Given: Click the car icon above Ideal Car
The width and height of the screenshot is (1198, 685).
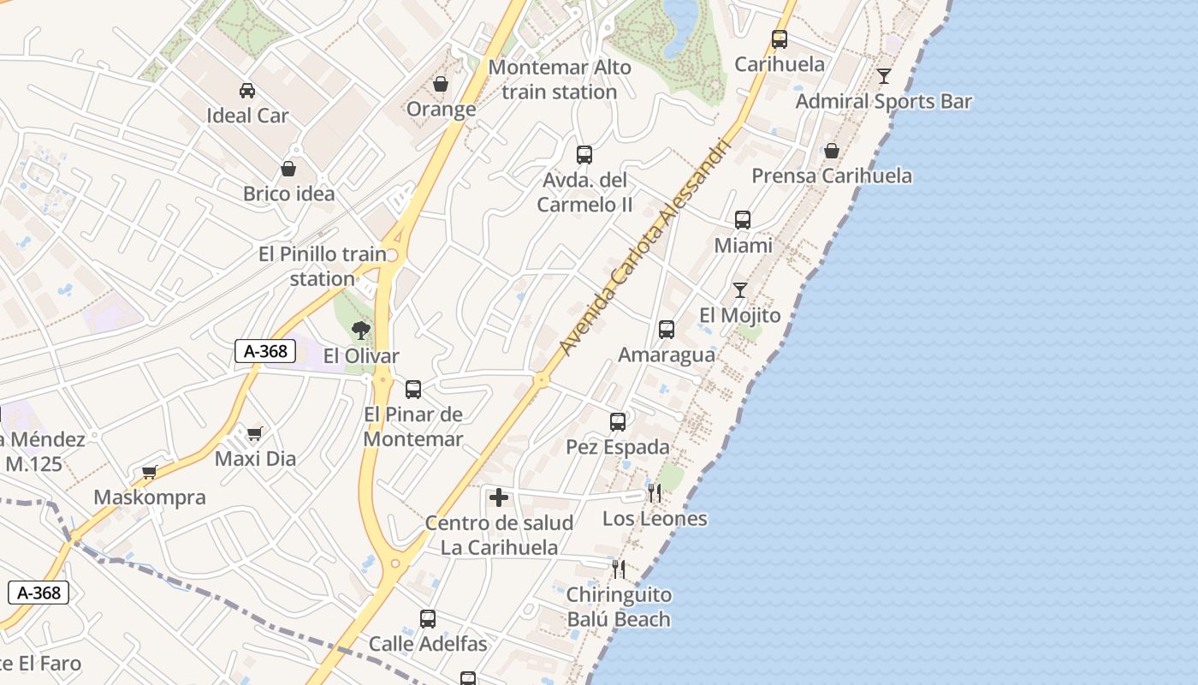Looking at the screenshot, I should (x=246, y=90).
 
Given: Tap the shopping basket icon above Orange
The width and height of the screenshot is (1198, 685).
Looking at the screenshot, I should (x=441, y=84).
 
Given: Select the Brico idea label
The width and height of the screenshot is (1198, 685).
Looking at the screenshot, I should (x=289, y=194).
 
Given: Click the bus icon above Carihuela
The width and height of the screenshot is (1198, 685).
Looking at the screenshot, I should (x=780, y=39).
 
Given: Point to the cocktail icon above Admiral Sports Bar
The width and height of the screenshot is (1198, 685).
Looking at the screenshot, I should (x=884, y=76).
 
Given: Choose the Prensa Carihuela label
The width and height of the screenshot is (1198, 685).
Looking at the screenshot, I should (x=831, y=176).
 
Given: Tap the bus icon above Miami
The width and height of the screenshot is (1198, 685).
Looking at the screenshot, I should (x=743, y=220).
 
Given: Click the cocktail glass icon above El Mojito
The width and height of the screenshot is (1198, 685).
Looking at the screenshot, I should (x=740, y=290).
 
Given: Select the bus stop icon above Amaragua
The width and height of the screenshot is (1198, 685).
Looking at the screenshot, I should (x=667, y=330).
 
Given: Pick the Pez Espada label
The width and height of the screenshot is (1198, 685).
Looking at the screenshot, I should (x=618, y=447).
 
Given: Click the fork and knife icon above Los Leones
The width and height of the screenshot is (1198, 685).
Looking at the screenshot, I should (x=655, y=492).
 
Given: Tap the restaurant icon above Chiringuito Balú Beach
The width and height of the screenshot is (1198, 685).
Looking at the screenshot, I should (x=618, y=569).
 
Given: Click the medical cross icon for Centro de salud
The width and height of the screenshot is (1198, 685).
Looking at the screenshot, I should (x=499, y=497).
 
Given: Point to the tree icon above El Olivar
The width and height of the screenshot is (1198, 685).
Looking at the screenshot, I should (x=361, y=330).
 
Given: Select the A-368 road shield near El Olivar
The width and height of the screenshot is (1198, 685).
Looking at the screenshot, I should (x=265, y=350).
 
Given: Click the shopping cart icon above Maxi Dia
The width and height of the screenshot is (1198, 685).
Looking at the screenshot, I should (x=255, y=433).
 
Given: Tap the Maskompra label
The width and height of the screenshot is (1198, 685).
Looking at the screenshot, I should (x=150, y=497).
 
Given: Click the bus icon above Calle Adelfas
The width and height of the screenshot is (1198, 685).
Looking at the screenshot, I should (x=428, y=619).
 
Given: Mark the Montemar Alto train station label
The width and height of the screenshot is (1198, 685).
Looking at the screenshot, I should (x=560, y=80).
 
